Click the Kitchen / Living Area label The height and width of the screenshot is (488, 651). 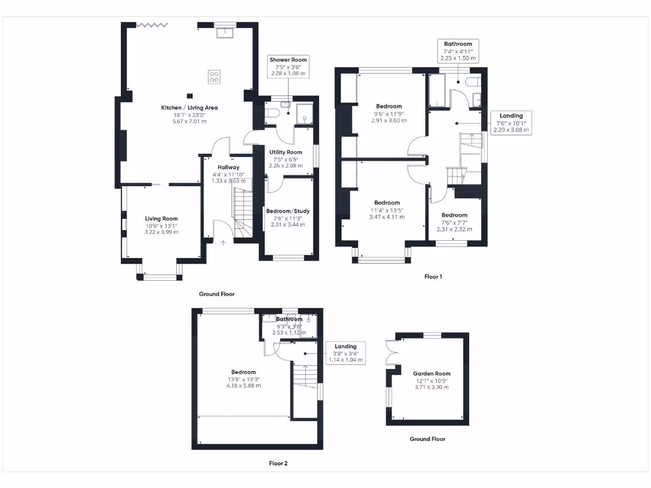click(x=189, y=108)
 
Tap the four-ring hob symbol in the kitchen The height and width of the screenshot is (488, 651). click(x=214, y=78)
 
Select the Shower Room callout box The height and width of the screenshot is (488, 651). click(x=288, y=66)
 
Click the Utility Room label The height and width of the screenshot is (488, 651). click(x=285, y=152)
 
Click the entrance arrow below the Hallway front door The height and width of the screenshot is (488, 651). click(x=223, y=242)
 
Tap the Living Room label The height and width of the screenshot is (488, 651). click(x=161, y=219)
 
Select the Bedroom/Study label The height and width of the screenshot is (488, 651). click(x=288, y=211)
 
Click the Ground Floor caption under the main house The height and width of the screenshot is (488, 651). click(x=217, y=294)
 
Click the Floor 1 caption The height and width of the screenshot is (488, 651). click(x=433, y=277)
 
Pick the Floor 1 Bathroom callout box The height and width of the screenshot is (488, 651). click(x=458, y=51)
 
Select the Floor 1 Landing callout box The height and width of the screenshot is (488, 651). click(x=511, y=123)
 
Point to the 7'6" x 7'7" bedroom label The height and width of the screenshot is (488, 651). click(x=455, y=222)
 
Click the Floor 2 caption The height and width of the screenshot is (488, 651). click(x=278, y=464)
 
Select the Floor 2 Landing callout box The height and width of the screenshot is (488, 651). click(x=346, y=353)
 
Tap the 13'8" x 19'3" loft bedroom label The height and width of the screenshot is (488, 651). click(x=243, y=379)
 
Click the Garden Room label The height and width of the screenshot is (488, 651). click(x=432, y=374)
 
